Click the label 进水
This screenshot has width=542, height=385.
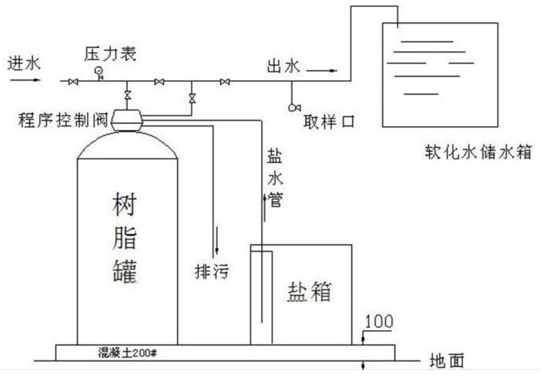coord(24,62)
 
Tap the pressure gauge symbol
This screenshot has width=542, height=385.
coord(98,71)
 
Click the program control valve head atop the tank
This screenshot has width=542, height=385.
coord(127,119)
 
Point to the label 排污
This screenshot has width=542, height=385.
coord(212,271)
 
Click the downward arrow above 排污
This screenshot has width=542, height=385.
coord(217,241)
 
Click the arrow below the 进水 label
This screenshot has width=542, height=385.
coord(25,79)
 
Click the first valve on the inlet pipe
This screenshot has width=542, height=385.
coord(73,82)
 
